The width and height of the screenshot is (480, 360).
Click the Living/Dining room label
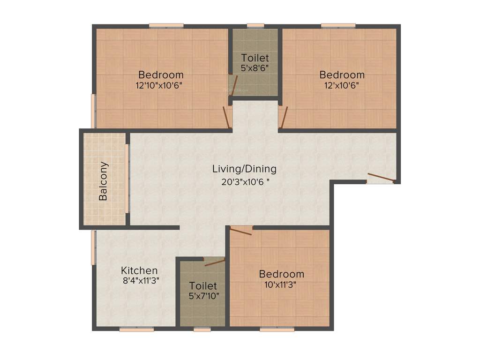tap(244, 169)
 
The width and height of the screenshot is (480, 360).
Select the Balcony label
tap(104, 181)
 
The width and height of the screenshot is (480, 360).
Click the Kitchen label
tap(139, 270)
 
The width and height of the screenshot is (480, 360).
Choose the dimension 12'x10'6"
tap(342, 85)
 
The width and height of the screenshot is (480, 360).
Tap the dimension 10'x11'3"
tap(281, 284)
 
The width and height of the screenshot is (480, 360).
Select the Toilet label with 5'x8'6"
tap(255, 58)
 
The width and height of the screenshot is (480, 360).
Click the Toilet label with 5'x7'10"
tap(203, 285)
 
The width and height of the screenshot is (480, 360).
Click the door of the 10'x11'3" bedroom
tap(241, 229)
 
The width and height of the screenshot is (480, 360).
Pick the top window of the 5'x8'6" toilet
tap(255, 25)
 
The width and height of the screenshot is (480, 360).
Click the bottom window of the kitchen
tap(136, 330)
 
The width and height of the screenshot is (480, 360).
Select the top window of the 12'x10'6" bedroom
tap(338, 25)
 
